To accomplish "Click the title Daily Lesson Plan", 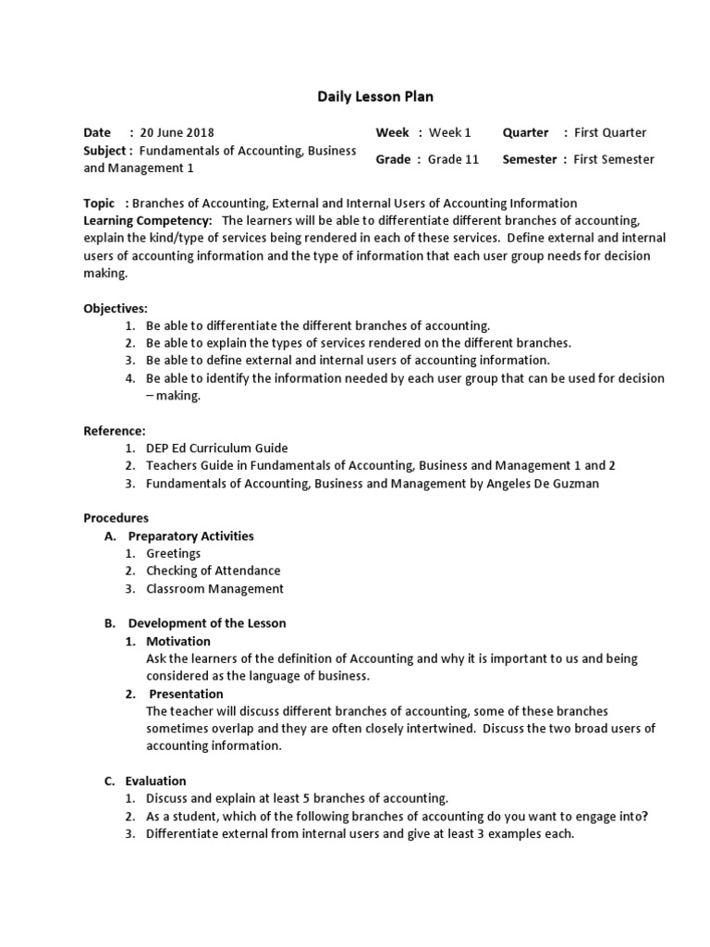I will [x=375, y=96].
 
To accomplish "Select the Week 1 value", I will [x=450, y=132].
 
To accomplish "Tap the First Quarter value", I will [x=610, y=132].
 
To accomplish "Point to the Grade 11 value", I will [x=453, y=159].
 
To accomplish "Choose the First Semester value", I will [x=614, y=159].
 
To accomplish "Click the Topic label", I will [x=100, y=203].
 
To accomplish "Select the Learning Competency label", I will [x=148, y=220].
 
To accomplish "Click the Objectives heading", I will [x=116, y=308].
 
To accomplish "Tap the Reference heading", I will [x=115, y=430].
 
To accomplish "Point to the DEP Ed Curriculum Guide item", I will [x=217, y=448].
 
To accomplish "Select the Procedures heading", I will [x=116, y=518].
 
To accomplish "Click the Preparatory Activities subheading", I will [x=190, y=535].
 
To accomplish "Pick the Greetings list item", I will [x=173, y=553].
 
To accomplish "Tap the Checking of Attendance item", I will [x=213, y=571].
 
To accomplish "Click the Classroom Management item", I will [x=214, y=588].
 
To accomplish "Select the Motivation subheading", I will [x=178, y=641].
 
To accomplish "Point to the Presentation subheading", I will [x=186, y=694].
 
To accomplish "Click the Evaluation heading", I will [x=157, y=781].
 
